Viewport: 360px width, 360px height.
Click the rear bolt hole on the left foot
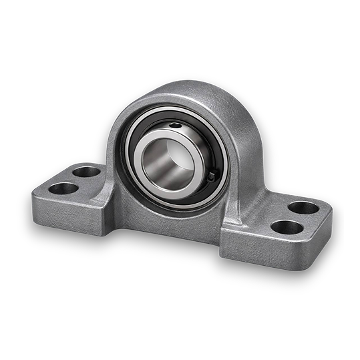86,172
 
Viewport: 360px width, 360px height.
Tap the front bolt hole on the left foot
63,188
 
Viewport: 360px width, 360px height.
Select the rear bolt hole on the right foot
304,208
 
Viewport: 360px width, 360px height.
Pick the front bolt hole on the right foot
287,227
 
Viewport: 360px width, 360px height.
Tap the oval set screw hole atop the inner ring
175,125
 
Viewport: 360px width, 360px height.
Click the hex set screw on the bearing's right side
211,176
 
